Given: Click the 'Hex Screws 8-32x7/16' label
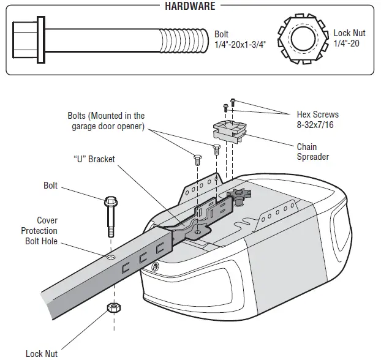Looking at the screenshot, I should pyautogui.click(x=317, y=119).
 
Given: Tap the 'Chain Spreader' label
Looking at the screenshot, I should pyautogui.click(x=312, y=152).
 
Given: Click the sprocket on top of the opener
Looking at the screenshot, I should pyautogui.click(x=236, y=197).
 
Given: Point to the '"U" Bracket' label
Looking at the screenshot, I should pyautogui.click(x=94, y=160).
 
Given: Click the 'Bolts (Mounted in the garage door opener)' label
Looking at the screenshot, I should pyautogui.click(x=106, y=121).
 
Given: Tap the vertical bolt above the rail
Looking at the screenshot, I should pyautogui.click(x=111, y=216).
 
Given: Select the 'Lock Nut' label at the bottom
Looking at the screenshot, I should pyautogui.click(x=42, y=353).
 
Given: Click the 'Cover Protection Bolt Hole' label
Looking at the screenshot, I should pyautogui.click(x=39, y=231).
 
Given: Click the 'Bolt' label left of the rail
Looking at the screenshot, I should pyautogui.click(x=50, y=186).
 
